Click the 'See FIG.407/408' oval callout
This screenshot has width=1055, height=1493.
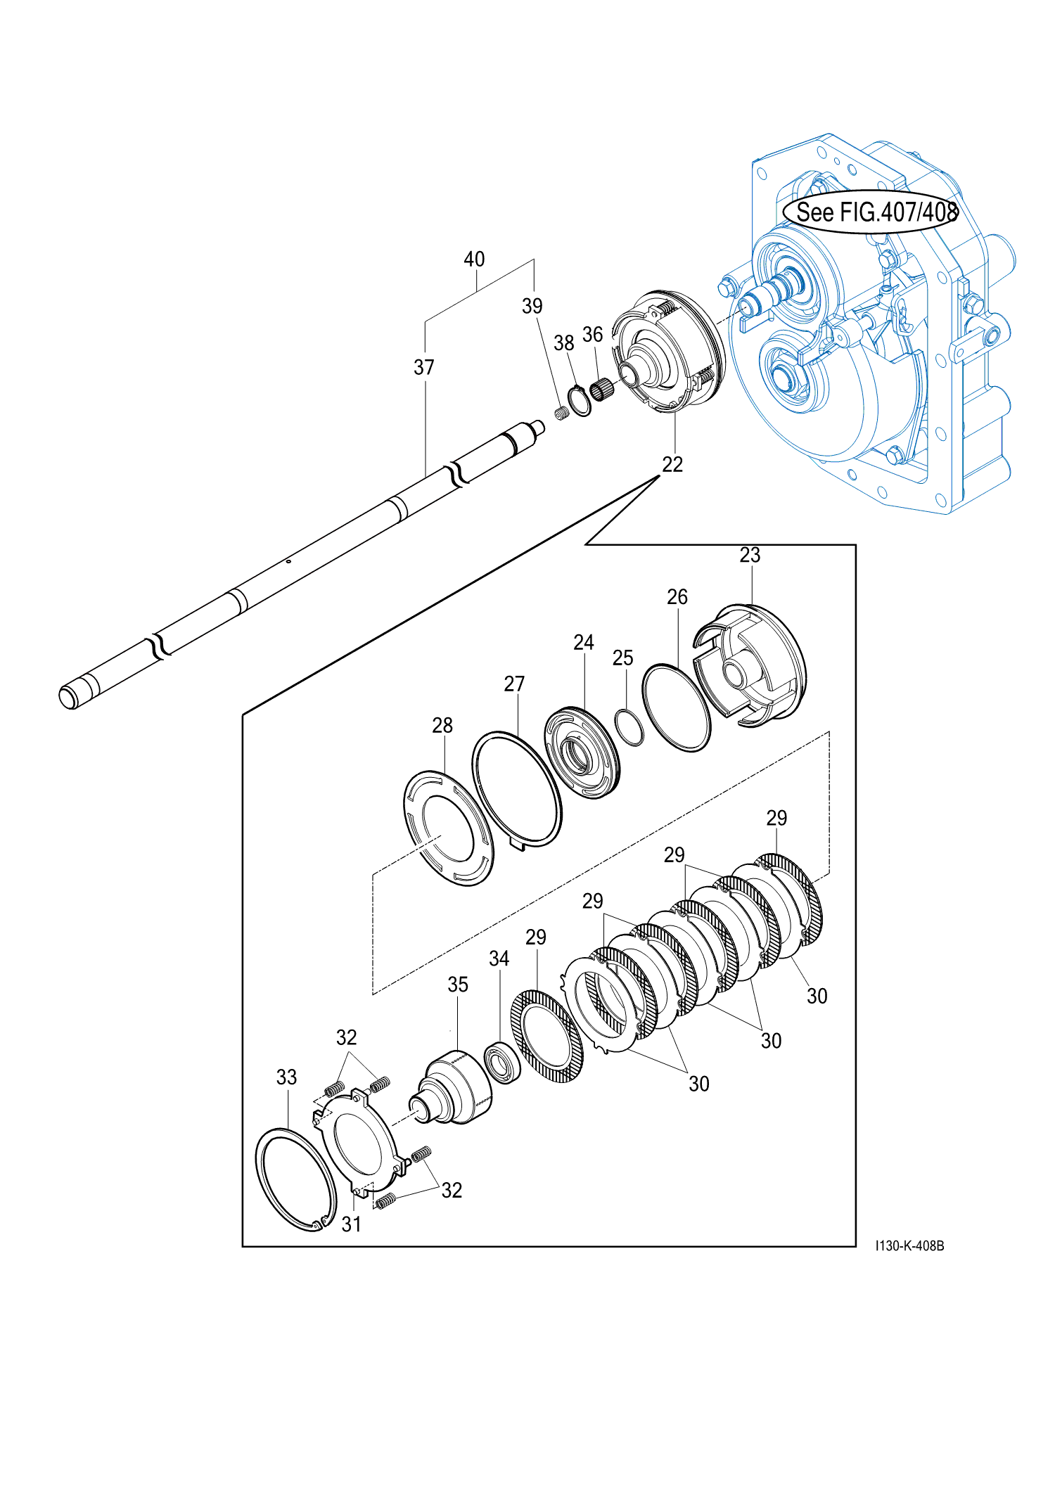tap(871, 211)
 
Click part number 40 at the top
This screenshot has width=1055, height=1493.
tap(474, 259)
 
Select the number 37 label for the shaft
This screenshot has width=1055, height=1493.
tap(423, 367)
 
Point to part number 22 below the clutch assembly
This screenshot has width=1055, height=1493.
tap(672, 464)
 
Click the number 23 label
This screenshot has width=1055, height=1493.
tap(750, 555)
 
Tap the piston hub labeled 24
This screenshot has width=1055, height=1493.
tap(582, 753)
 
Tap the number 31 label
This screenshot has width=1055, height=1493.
tap(351, 1224)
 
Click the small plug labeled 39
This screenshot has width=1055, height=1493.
tap(561, 413)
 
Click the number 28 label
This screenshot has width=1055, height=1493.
tap(442, 725)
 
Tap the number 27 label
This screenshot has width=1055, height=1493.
tap(514, 684)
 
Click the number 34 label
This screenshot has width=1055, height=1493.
tap(499, 959)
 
